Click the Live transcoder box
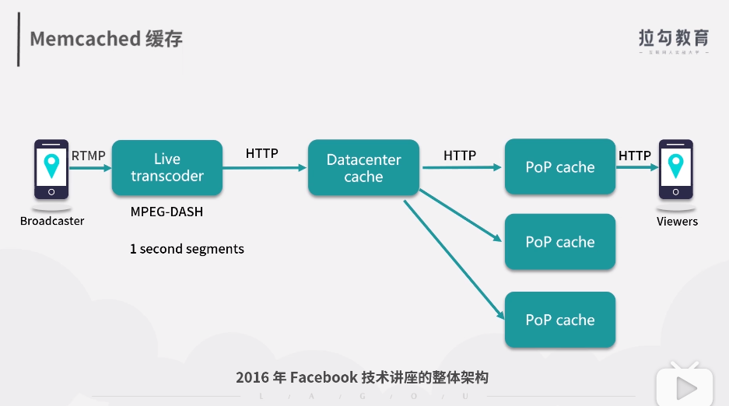pyautogui.click(x=167, y=167)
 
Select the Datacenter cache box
pyautogui.click(x=363, y=167)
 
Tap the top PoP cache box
pyautogui.click(x=559, y=167)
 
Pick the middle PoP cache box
pyautogui.click(x=559, y=242)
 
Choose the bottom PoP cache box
pyautogui.click(x=559, y=320)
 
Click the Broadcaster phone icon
pyautogui.click(x=51, y=170)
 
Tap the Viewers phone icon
pyautogui.click(x=675, y=170)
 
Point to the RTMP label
pyautogui.click(x=88, y=156)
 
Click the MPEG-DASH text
pyautogui.click(x=166, y=212)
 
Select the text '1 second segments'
pyautogui.click(x=187, y=249)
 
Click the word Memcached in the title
pyautogui.click(x=85, y=38)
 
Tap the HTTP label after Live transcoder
pyautogui.click(x=261, y=153)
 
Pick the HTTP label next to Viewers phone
pyautogui.click(x=634, y=156)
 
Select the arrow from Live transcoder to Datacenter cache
pyautogui.click(x=265, y=167)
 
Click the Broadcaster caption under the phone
pyautogui.click(x=52, y=221)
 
